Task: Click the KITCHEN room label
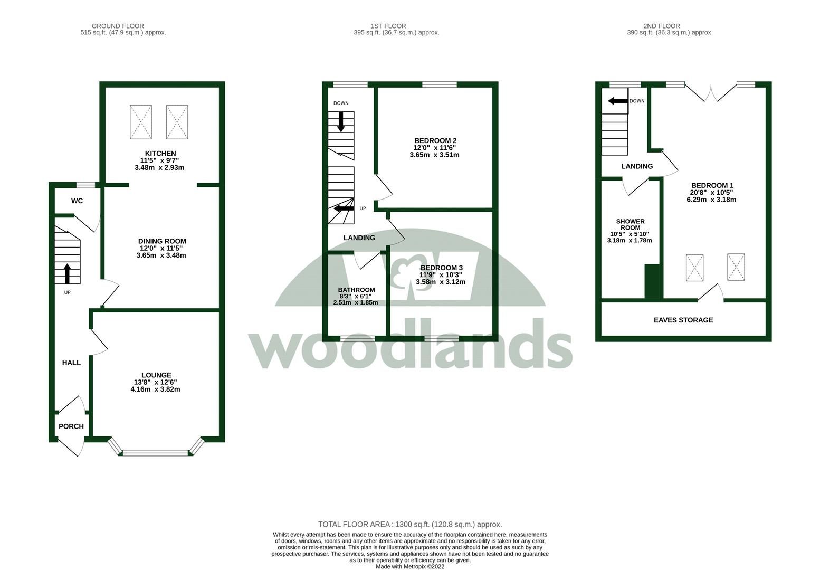click(160, 154)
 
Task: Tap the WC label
click(77, 201)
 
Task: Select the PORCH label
click(71, 426)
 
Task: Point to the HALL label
click(71, 363)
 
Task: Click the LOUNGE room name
click(156, 375)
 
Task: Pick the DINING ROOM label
click(162, 241)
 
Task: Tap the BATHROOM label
click(356, 290)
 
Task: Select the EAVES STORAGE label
click(683, 320)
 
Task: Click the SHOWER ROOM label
click(630, 225)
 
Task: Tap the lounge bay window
click(156, 452)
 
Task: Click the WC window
click(85, 185)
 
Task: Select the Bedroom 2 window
click(439, 84)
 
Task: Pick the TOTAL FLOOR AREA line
click(409, 525)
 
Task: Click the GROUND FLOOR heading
click(118, 26)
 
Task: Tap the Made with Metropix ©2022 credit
click(409, 566)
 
